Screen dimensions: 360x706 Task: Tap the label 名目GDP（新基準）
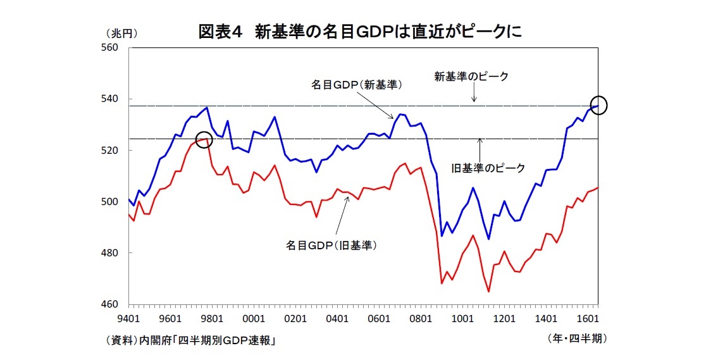pyautogui.click(x=357, y=84)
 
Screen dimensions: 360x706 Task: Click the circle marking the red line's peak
pyautogui.click(x=204, y=140)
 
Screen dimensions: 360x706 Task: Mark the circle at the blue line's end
pyautogui.click(x=598, y=105)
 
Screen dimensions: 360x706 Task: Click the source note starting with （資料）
pyautogui.click(x=190, y=340)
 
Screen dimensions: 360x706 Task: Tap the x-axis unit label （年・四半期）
pyautogui.click(x=576, y=338)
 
